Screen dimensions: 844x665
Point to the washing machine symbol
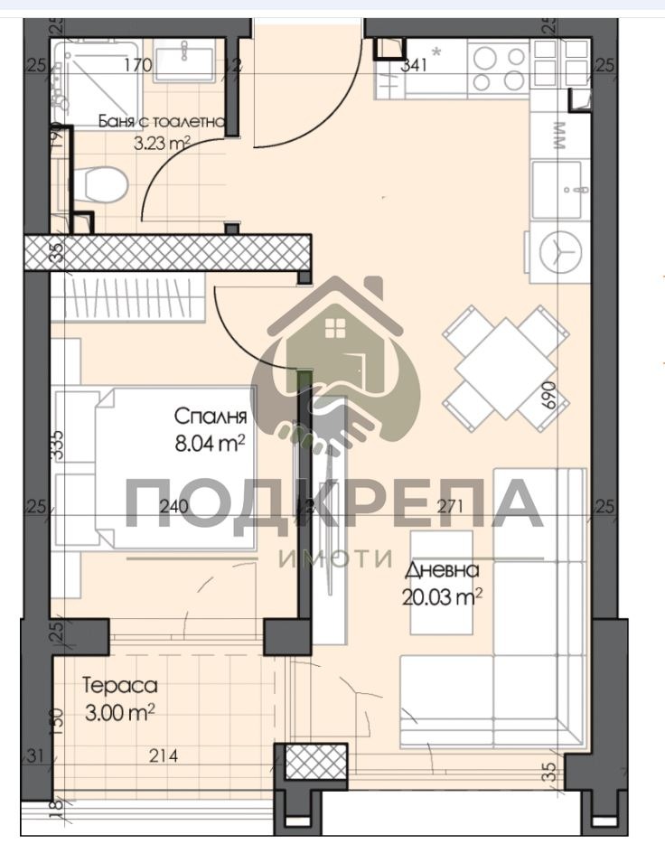[558, 251]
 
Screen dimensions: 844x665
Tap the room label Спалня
[211, 417]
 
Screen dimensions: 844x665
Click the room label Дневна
[442, 570]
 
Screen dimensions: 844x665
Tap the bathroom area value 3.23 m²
[161, 142]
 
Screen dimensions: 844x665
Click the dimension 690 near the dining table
[547, 396]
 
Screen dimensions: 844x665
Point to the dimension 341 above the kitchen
[414, 64]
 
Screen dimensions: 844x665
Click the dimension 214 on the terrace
[164, 755]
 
